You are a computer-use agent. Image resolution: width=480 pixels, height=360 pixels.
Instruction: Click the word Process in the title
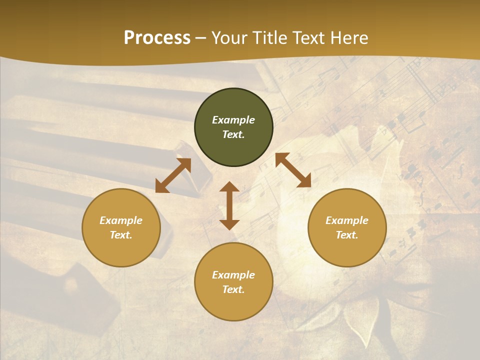click(x=157, y=38)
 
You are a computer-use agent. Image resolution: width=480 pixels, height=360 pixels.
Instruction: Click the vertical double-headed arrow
click(x=229, y=206)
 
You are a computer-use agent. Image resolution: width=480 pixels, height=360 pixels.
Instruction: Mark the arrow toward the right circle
click(x=293, y=170)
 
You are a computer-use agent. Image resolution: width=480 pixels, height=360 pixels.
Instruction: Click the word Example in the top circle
click(x=233, y=120)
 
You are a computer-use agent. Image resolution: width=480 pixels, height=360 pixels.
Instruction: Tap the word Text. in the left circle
click(x=121, y=235)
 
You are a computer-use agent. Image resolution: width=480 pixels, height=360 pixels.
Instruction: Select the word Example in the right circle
click(x=347, y=220)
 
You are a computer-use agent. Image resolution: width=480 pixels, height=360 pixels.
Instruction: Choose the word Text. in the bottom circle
click(x=233, y=289)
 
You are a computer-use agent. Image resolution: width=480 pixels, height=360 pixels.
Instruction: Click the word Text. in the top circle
click(x=233, y=134)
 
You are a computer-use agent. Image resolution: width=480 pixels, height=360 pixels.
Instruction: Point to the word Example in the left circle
click(x=121, y=220)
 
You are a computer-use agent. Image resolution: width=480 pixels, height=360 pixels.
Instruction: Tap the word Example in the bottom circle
click(x=233, y=275)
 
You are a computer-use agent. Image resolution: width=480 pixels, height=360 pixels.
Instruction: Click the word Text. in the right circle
click(x=347, y=235)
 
